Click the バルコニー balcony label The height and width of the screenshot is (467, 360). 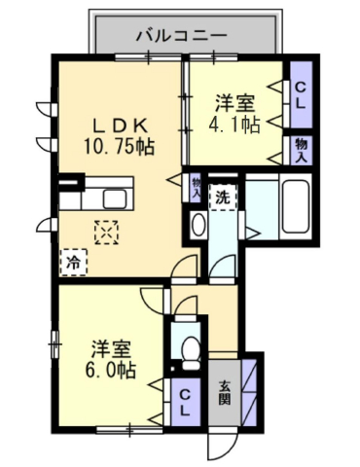181,35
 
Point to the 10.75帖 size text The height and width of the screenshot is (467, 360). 119,146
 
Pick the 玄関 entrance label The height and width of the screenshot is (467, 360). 225,393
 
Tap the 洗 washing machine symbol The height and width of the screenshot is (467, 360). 223,198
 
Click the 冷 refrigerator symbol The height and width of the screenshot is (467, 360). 74,263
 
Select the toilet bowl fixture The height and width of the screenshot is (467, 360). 191,352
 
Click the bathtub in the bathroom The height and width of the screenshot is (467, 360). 295,206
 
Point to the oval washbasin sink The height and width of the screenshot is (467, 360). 198,223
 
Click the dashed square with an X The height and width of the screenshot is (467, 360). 106,233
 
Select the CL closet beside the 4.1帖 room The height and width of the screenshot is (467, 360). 301,94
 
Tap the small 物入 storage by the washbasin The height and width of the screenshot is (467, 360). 196,188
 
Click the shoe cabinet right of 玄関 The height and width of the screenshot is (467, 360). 250,393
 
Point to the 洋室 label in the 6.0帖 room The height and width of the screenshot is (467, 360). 111,349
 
